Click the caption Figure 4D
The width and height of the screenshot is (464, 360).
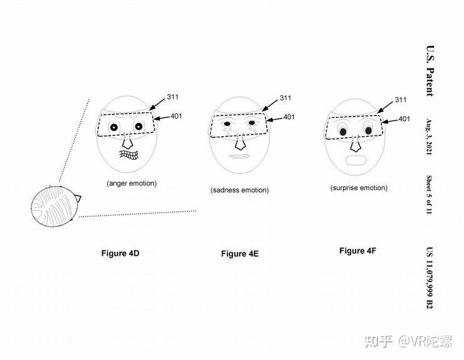pos(120,253)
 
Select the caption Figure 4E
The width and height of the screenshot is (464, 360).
pos(240,254)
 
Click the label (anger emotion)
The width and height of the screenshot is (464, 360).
pos(131,183)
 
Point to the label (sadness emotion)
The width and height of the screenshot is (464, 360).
pos(240,189)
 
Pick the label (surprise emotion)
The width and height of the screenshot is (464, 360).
pos(359,188)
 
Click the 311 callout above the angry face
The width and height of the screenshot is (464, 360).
pos(174,98)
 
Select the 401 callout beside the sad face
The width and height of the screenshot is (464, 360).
pos(289,117)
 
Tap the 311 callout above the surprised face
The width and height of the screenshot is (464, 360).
pos(399,99)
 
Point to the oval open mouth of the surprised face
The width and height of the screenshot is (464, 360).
pos(356,160)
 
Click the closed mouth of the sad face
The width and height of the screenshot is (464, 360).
pos(239,156)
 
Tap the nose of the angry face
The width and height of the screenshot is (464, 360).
pos(127,139)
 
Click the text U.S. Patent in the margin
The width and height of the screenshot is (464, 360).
pos(430,70)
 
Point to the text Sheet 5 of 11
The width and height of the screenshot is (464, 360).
pos(430,195)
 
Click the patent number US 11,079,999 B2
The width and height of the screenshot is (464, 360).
pos(430,276)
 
